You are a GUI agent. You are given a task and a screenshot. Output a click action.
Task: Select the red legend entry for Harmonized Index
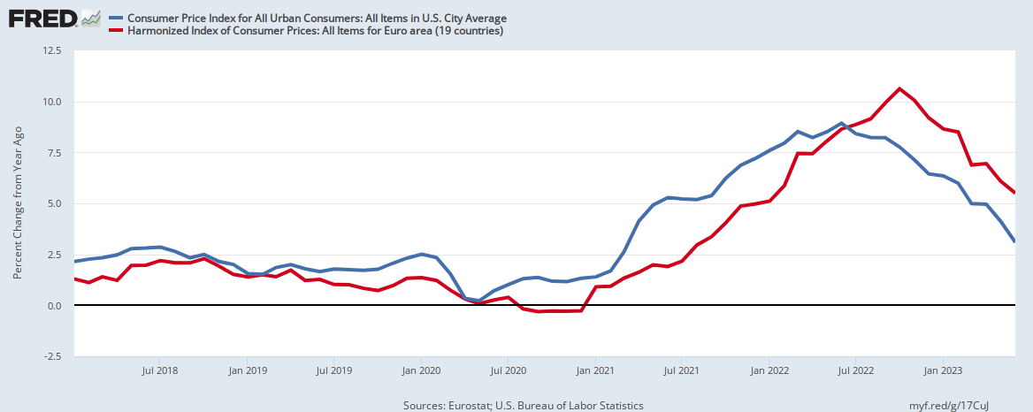coord(315,31)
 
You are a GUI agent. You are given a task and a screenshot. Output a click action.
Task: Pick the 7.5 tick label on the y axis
coord(54,152)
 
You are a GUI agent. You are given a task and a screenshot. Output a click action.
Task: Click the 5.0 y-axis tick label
coord(54,203)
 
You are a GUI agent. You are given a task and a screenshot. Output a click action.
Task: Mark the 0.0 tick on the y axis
coord(54,305)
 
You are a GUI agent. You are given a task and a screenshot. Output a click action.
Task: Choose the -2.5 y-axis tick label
coord(52,356)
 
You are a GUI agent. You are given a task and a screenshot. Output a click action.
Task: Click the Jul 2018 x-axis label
coord(160,370)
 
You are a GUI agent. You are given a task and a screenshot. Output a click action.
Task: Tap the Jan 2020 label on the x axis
coord(421,370)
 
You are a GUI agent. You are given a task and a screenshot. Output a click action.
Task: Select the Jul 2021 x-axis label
coord(683,370)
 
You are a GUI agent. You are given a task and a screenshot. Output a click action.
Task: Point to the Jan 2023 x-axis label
coord(944,370)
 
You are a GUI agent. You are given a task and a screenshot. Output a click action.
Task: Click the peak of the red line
coord(899,88)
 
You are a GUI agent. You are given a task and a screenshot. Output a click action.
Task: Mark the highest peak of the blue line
coord(841,123)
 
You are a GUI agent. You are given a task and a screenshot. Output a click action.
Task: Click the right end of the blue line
coord(1014,241)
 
